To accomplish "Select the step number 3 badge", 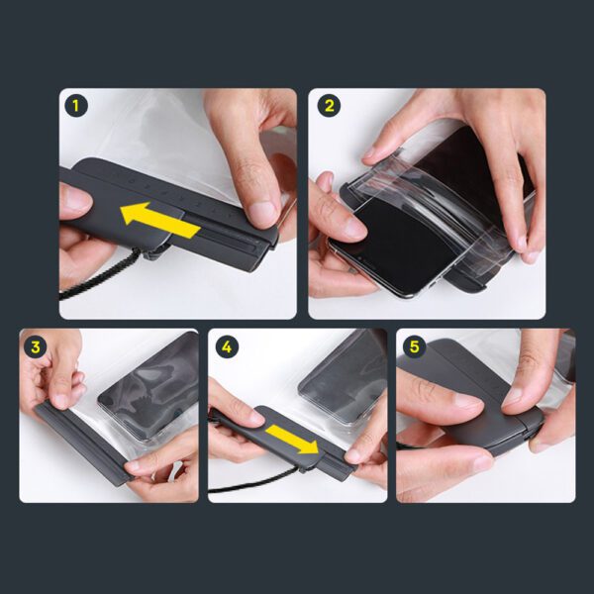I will tap(37, 346).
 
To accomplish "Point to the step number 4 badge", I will tap(226, 346).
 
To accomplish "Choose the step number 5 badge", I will tap(413, 346).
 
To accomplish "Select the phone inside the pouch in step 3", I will tap(148, 386).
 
